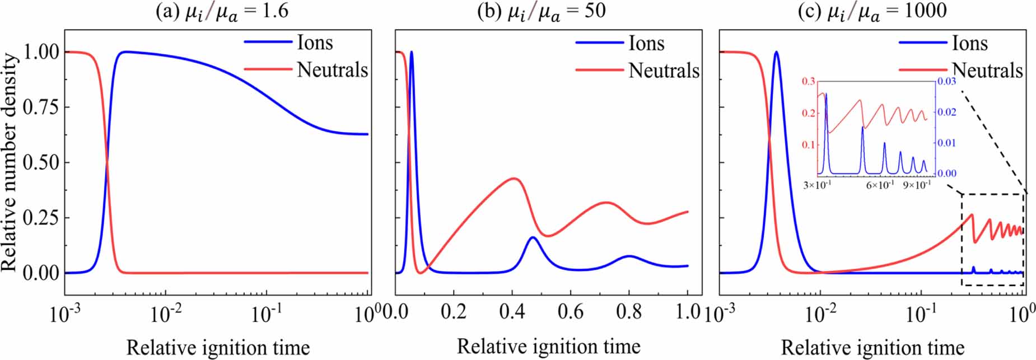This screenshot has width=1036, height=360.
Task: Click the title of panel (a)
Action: pyautogui.click(x=222, y=11)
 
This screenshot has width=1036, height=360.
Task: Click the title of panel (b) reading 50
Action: pyautogui.click(x=541, y=11)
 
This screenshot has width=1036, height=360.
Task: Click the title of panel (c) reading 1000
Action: pyautogui.click(x=872, y=11)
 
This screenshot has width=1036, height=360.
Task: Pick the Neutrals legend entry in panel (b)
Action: pyautogui.click(x=664, y=71)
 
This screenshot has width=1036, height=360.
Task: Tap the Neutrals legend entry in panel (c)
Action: pyautogui.click(x=987, y=71)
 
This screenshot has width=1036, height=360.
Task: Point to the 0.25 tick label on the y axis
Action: pyautogui.click(x=40, y=218)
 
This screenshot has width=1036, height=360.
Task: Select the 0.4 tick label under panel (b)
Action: pyautogui.click(x=511, y=311)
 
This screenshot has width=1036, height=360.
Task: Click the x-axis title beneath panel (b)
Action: pyautogui.click(x=548, y=347)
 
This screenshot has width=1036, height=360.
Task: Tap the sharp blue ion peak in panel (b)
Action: pyautogui.click(x=412, y=53)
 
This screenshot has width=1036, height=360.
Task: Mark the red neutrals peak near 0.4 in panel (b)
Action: pyautogui.click(x=514, y=179)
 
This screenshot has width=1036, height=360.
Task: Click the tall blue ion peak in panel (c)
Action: pyautogui.click(x=776, y=52)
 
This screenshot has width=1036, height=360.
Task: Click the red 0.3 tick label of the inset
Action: pyautogui.click(x=809, y=82)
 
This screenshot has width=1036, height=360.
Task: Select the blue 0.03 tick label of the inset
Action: pyautogui.click(x=946, y=82)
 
